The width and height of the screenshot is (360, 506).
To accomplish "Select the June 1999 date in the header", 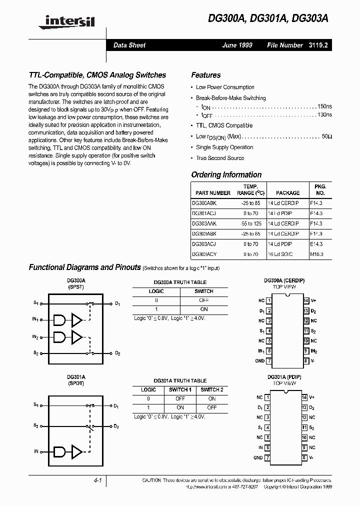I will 237,45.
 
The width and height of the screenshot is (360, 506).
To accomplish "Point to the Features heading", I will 205,75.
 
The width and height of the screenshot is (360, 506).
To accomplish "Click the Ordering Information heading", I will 226,174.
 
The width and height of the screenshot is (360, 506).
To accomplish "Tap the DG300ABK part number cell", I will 204,203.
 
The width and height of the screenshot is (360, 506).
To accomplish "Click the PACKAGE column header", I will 287,192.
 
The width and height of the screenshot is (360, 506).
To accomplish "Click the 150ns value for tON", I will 324,107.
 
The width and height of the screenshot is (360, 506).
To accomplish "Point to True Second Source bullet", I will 220,158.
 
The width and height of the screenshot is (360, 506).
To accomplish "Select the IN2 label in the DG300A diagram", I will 35,337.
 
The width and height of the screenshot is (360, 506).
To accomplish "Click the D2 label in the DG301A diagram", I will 117,426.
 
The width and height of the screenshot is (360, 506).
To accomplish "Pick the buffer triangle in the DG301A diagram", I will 77,451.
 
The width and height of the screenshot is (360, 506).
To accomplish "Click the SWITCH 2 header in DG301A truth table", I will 211,389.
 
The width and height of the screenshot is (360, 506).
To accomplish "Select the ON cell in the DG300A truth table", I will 203,309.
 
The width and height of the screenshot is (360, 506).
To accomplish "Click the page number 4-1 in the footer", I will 97,480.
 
